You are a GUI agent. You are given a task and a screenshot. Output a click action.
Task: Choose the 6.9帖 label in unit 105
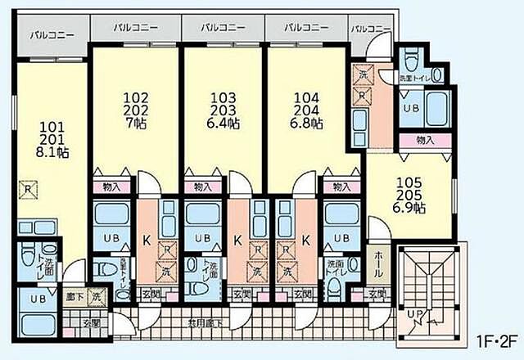tap(408, 208)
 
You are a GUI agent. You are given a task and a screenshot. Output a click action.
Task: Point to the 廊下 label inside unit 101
tap(73, 296)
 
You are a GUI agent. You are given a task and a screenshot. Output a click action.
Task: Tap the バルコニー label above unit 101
tap(50, 36)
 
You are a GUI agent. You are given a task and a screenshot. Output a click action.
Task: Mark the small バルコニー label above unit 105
tap(370, 28)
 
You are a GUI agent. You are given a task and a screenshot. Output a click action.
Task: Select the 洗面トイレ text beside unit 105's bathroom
tap(413, 78)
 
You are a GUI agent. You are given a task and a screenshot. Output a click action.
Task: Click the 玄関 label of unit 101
tap(92, 322)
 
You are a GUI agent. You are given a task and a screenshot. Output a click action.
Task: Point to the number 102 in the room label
tap(134, 92)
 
